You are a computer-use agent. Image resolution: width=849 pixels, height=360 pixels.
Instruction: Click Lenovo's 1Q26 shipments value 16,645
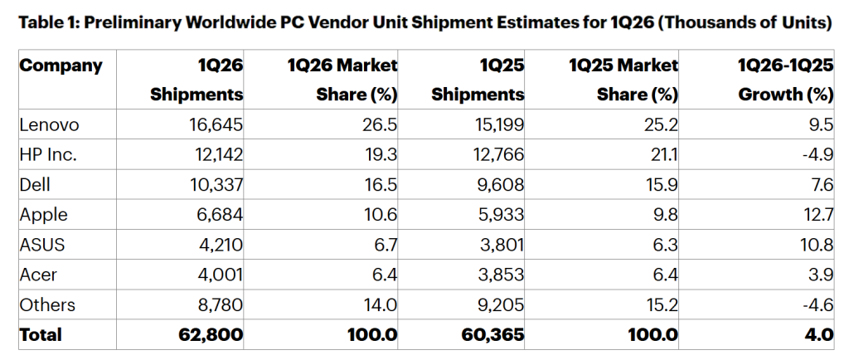[x=216, y=125]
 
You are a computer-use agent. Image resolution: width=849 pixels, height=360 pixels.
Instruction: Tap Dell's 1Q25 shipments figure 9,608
[x=498, y=185]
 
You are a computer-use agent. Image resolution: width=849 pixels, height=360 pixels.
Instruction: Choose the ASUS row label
[x=41, y=245]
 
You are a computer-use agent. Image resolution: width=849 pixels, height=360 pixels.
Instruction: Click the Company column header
[x=61, y=66]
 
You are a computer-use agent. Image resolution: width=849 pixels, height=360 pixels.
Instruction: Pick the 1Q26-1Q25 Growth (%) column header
[x=784, y=80]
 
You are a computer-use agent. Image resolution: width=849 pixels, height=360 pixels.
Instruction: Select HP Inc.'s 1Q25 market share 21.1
[x=663, y=155]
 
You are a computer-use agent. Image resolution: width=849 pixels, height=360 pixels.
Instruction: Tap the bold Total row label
[x=41, y=335]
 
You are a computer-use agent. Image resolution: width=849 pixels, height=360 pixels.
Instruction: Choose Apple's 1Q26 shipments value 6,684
[x=220, y=215]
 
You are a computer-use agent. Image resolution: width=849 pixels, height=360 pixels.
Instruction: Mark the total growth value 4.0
[x=820, y=335]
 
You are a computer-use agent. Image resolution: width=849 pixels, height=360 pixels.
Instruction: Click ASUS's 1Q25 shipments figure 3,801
[x=500, y=245]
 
